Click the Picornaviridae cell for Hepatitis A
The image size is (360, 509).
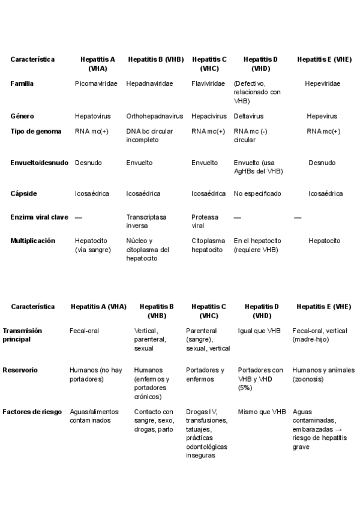click(x=96, y=83)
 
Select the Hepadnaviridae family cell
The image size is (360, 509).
click(x=149, y=83)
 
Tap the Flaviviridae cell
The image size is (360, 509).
click(x=209, y=83)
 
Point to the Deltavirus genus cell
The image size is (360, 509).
click(x=248, y=116)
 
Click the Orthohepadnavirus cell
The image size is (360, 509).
click(x=154, y=116)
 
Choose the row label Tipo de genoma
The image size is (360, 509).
click(x=36, y=131)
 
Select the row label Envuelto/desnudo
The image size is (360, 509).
click(x=40, y=163)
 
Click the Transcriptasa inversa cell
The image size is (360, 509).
click(x=146, y=221)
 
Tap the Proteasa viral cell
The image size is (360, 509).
click(x=205, y=221)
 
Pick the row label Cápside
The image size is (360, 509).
click(x=24, y=193)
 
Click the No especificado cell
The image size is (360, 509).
click(x=257, y=193)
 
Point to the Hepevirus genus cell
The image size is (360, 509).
click(x=322, y=116)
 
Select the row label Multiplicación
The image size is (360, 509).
click(x=33, y=241)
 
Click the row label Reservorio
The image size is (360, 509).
click(x=20, y=370)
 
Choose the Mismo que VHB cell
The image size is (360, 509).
click(x=262, y=412)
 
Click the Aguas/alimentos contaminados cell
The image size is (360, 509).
click(x=94, y=416)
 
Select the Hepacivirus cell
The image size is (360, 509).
click(x=209, y=116)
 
